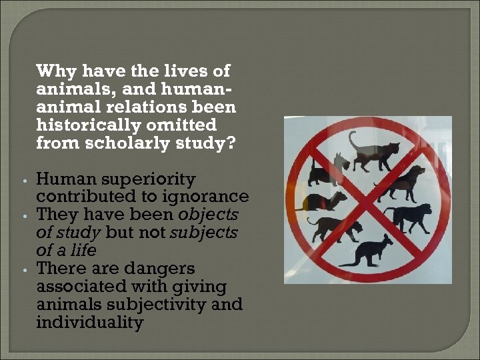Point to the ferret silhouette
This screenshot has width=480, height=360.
[x=322, y=200]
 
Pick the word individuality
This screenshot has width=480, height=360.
[x=89, y=323]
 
